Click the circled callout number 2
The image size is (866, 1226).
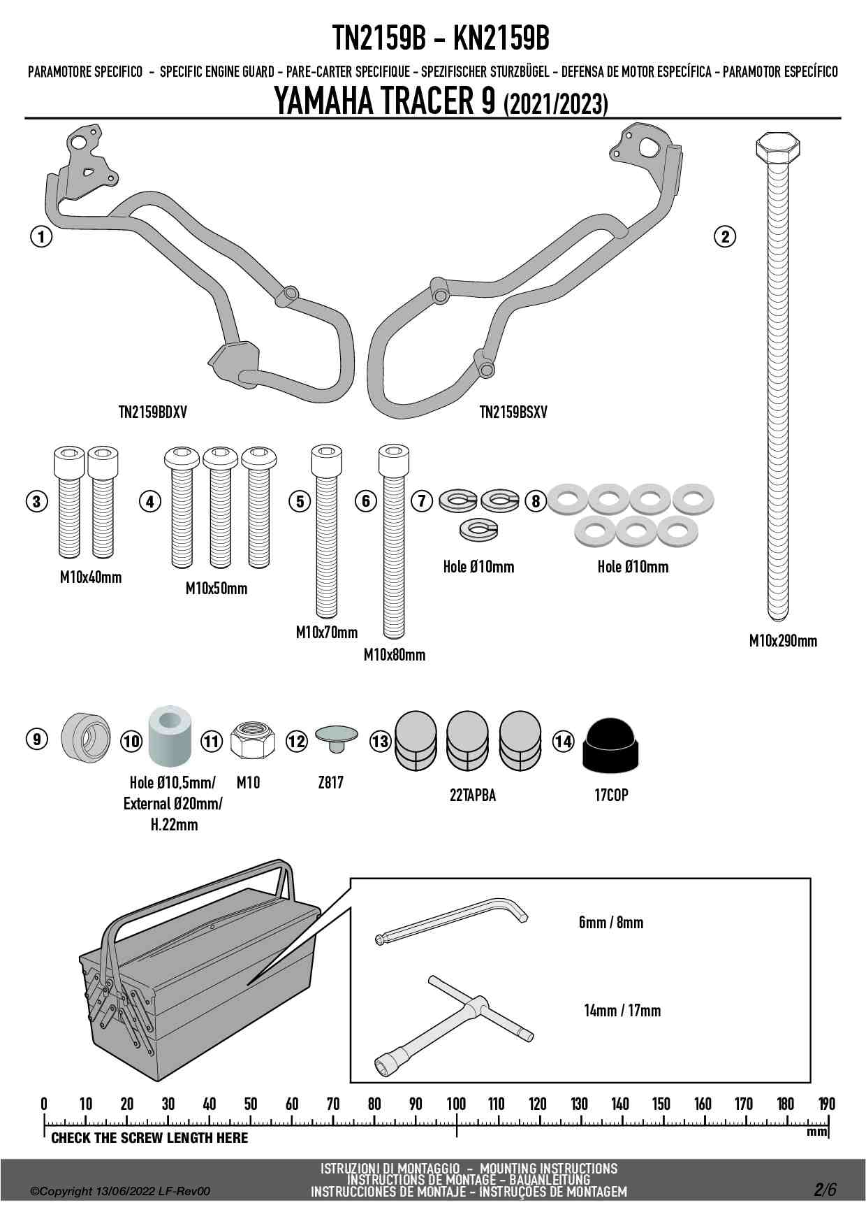(x=725, y=237)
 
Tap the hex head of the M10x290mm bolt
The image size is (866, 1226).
(x=777, y=147)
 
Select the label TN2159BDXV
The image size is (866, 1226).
(x=152, y=412)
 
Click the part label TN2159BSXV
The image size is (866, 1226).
(x=513, y=412)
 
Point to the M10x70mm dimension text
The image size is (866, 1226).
(x=326, y=633)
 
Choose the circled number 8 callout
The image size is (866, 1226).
(x=536, y=500)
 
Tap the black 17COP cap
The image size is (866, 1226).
(x=611, y=746)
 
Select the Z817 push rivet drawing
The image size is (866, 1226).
(x=336, y=738)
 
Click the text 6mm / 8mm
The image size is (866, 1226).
(x=610, y=923)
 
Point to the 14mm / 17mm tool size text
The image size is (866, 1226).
(x=622, y=1011)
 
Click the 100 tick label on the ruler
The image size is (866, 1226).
(x=456, y=1104)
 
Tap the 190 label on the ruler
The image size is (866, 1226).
(x=826, y=1104)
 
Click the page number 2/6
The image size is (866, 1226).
(x=824, y=1189)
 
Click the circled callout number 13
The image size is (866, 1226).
(x=380, y=741)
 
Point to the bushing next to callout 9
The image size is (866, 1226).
(x=86, y=738)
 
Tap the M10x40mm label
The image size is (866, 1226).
(x=91, y=577)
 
